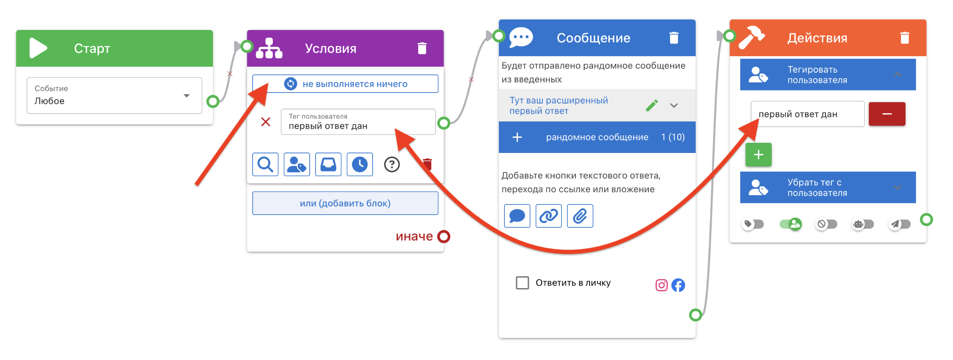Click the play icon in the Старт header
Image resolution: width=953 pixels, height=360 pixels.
[38, 48]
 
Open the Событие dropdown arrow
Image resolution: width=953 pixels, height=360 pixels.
[186, 96]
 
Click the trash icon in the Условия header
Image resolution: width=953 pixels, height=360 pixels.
[422, 48]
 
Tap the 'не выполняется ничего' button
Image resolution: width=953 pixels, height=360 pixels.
[345, 84]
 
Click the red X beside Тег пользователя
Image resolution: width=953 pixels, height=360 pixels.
[266, 122]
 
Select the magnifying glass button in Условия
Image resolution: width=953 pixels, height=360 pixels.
[265, 164]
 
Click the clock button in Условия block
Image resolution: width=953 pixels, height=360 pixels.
[359, 164]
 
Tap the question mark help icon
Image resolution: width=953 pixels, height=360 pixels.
[392, 164]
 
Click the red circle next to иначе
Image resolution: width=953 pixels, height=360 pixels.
[444, 236]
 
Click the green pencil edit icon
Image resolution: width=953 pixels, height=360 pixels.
[652, 105]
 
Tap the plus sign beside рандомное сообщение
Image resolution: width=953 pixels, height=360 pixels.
[517, 137]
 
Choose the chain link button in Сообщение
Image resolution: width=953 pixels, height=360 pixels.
[548, 216]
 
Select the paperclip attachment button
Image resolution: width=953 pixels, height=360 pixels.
[580, 216]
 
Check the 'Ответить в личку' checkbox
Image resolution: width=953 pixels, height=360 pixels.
[523, 283]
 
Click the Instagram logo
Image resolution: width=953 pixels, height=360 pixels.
[662, 285]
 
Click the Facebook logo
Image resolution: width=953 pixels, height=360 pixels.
[678, 285]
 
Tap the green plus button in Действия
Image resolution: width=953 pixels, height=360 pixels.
[758, 155]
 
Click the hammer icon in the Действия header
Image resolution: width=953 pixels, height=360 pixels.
[751, 38]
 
